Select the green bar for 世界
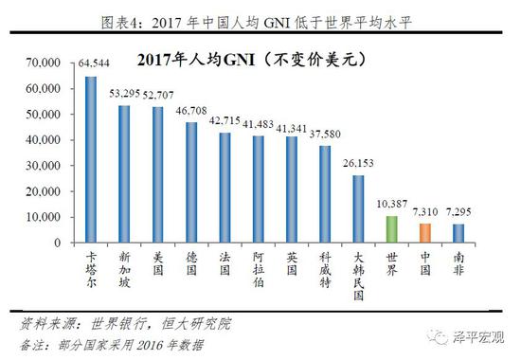click(392, 229)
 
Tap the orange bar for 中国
click(425, 233)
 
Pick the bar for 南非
click(458, 233)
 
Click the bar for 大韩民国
click(358, 208)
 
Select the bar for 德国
click(191, 182)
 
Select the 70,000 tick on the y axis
click(44, 63)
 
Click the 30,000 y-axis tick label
click(44, 166)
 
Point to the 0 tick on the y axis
click(59, 243)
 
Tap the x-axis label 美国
click(158, 262)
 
